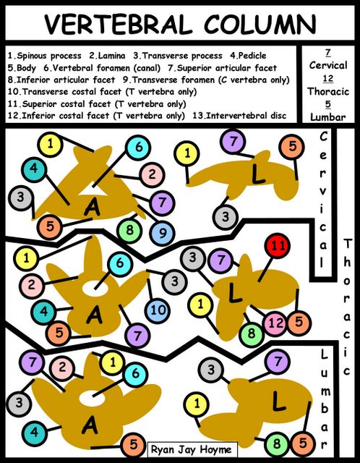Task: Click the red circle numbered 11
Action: (278, 245)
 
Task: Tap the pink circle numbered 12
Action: (276, 323)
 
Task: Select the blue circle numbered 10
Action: (158, 310)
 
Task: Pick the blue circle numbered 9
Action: (163, 234)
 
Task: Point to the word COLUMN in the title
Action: (260, 24)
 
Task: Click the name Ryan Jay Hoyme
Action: (192, 449)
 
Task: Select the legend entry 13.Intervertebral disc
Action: (239, 116)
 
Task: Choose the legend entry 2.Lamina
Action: (108, 56)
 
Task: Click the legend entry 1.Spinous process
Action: (45, 56)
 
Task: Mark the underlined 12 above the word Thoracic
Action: (328, 79)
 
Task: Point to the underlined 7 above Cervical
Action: (328, 53)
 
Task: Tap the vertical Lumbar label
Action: (324, 399)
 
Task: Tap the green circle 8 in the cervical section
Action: (129, 230)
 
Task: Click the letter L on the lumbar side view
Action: (278, 401)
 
